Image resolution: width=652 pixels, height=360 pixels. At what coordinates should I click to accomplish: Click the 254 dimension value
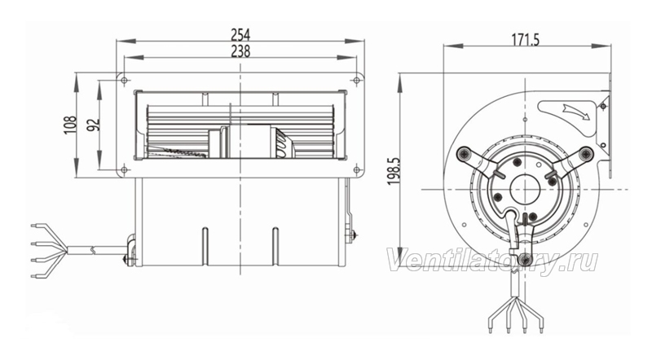coord(240,34)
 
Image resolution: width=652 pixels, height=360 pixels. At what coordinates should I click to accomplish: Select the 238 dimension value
coord(240,50)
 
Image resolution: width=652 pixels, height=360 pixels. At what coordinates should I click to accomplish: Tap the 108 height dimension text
coord(70,125)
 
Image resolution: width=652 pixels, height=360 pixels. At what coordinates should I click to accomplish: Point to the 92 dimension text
coord(95,125)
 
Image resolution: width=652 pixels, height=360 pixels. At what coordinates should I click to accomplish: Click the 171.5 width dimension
coord(525,39)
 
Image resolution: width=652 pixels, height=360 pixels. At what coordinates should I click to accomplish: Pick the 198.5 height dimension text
coord(394,171)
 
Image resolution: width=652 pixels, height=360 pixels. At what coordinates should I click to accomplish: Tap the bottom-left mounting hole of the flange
coord(124,169)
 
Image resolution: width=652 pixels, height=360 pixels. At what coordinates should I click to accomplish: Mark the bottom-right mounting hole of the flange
coord(356,169)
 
